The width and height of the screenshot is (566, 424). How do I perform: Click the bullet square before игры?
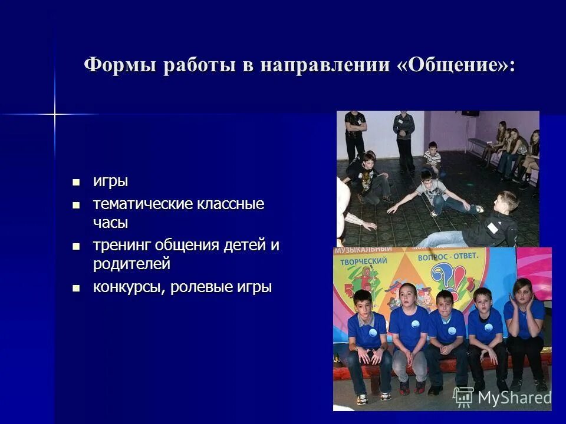pyautogui.click(x=75, y=181)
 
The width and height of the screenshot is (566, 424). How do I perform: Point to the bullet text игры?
pyautogui.click(x=110, y=181)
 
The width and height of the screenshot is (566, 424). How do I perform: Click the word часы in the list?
pyautogui.click(x=110, y=223)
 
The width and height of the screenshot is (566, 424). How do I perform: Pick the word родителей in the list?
pyautogui.click(x=131, y=264)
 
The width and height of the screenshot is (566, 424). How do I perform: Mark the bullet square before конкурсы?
pyautogui.click(x=75, y=287)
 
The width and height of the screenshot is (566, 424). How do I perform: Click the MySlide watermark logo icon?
pyautogui.click(x=463, y=397)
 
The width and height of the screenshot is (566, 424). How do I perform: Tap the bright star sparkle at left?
pyautogui.click(x=55, y=113)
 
